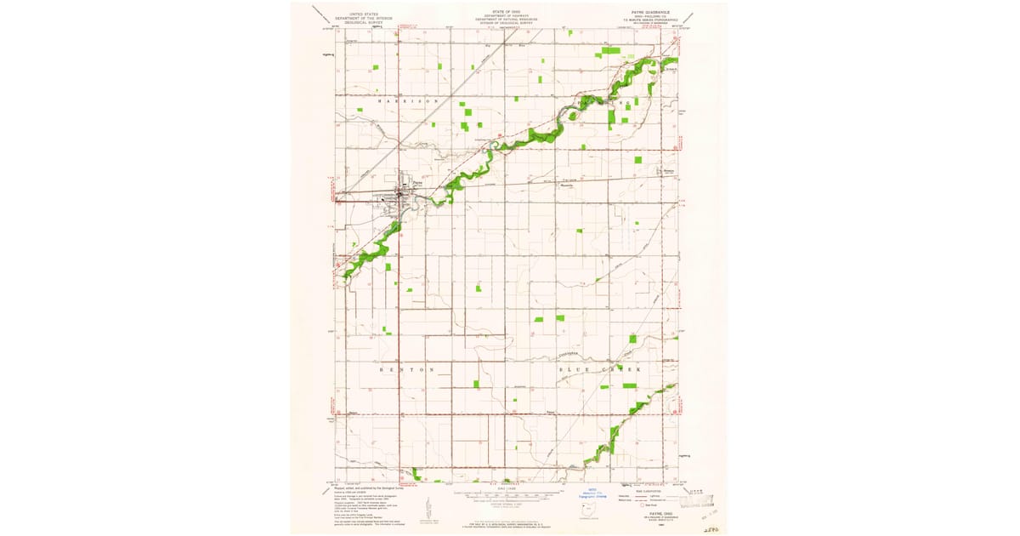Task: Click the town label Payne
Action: pyautogui.click(x=416, y=180)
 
